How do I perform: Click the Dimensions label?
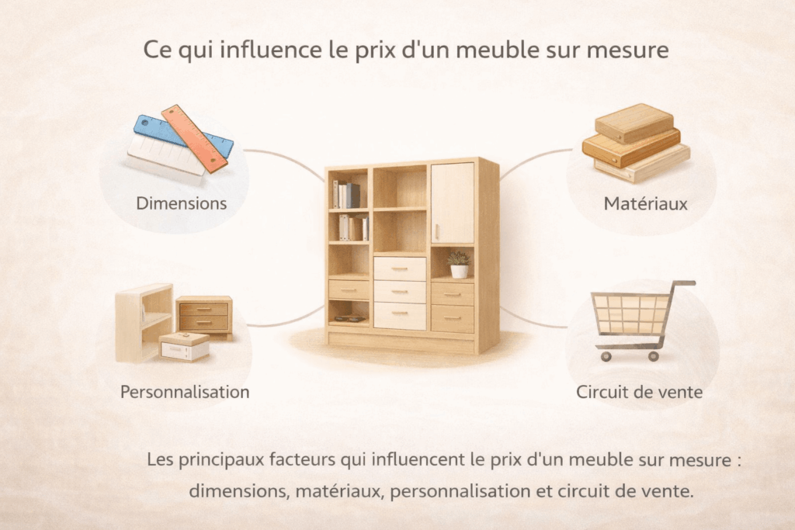tap(182, 203)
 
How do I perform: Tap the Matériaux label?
tap(645, 203)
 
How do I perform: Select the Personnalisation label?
tap(185, 392)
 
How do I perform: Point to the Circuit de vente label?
tap(640, 392)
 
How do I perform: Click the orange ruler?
tap(194, 139)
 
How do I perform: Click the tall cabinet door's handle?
tap(436, 233)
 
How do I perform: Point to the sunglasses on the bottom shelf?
tap(349, 319)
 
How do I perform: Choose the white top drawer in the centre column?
tap(400, 268)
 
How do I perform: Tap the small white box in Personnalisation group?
tap(184, 347)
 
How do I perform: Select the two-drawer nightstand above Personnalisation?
tap(204, 317)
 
